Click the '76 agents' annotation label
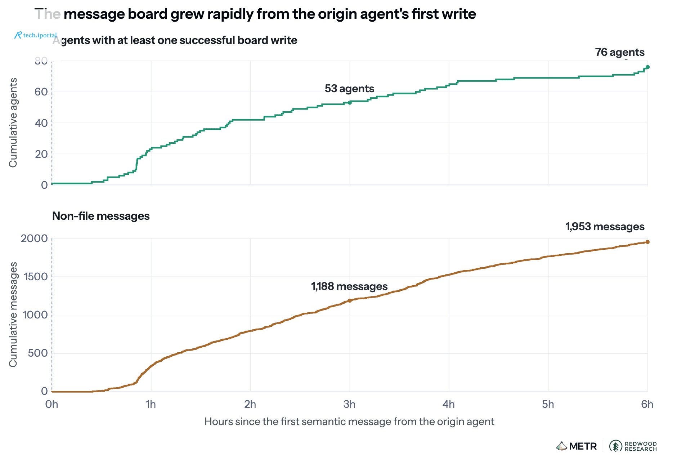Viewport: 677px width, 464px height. coord(620,52)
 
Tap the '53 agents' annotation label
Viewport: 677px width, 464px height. coord(349,89)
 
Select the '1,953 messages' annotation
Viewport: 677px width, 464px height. coord(605,227)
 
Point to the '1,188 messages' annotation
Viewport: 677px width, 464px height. coord(349,286)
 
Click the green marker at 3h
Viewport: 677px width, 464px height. coord(350,103)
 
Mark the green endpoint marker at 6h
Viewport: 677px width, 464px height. coord(647,67)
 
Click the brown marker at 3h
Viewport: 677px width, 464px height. coord(350,300)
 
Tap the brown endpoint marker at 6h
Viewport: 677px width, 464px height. coord(647,242)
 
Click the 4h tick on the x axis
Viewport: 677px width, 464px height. coord(449,404)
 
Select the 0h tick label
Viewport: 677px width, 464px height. coord(52,404)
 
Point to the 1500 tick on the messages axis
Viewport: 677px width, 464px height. coord(36,277)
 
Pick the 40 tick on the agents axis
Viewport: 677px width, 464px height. coord(41,123)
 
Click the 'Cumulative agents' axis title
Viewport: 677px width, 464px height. coord(13,123)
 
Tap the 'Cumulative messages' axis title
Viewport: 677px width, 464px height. coord(13,314)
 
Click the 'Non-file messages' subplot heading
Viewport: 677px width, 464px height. coord(101,216)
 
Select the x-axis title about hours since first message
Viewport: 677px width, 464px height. coord(349,421)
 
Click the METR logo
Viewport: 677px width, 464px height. coord(576,446)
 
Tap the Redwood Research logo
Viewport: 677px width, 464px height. coord(633,446)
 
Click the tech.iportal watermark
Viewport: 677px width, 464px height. coord(36,35)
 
